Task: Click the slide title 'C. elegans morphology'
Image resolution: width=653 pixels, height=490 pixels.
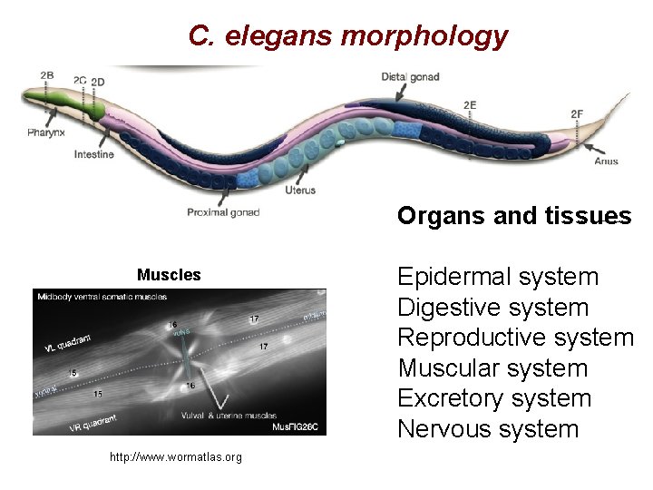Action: pyautogui.click(x=347, y=35)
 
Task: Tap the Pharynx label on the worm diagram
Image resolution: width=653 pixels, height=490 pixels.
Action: pyautogui.click(x=45, y=133)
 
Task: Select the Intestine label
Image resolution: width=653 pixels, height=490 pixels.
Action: pyautogui.click(x=94, y=154)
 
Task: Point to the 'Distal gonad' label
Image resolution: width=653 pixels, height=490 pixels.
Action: pyautogui.click(x=410, y=77)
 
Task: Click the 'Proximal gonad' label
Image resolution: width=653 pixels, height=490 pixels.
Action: pyautogui.click(x=223, y=212)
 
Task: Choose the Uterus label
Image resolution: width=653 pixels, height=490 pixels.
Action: pyautogui.click(x=300, y=191)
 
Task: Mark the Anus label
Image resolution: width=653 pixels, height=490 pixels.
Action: pyautogui.click(x=606, y=162)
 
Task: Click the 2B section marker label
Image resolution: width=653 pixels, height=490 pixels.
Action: pyautogui.click(x=46, y=75)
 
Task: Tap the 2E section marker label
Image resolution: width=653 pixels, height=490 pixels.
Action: pyautogui.click(x=470, y=105)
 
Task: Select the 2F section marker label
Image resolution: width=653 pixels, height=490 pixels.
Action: pyautogui.click(x=577, y=114)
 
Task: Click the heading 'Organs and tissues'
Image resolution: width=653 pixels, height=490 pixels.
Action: pyautogui.click(x=514, y=216)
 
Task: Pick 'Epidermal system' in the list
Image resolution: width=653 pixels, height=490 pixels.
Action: pyautogui.click(x=498, y=277)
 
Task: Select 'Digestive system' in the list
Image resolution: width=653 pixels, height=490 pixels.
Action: pyautogui.click(x=492, y=308)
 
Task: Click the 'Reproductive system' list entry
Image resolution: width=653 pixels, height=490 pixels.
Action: pyautogui.click(x=515, y=338)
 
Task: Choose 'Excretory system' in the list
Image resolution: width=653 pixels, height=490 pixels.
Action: pyautogui.click(x=494, y=398)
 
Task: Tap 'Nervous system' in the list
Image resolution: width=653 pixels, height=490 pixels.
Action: pyautogui.click(x=488, y=428)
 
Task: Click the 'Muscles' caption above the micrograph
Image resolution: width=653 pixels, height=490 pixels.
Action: pyautogui.click(x=169, y=275)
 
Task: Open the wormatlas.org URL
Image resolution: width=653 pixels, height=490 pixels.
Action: pyautogui.click(x=176, y=457)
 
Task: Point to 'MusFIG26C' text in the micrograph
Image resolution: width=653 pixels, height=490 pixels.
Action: pyautogui.click(x=298, y=426)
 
